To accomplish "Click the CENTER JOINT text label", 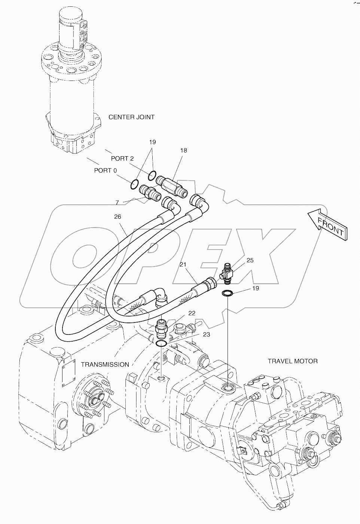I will [131, 117].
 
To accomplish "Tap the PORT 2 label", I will [122, 158].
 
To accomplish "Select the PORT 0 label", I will [105, 170].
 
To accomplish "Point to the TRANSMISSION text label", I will [105, 364].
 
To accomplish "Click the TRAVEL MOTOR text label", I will [293, 361].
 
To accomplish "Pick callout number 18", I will [183, 151].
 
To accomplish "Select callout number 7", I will [117, 203].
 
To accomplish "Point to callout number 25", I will [250, 260].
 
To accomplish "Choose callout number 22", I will [192, 313].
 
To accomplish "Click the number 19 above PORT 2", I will [152, 142].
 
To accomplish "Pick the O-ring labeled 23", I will [161, 343].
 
